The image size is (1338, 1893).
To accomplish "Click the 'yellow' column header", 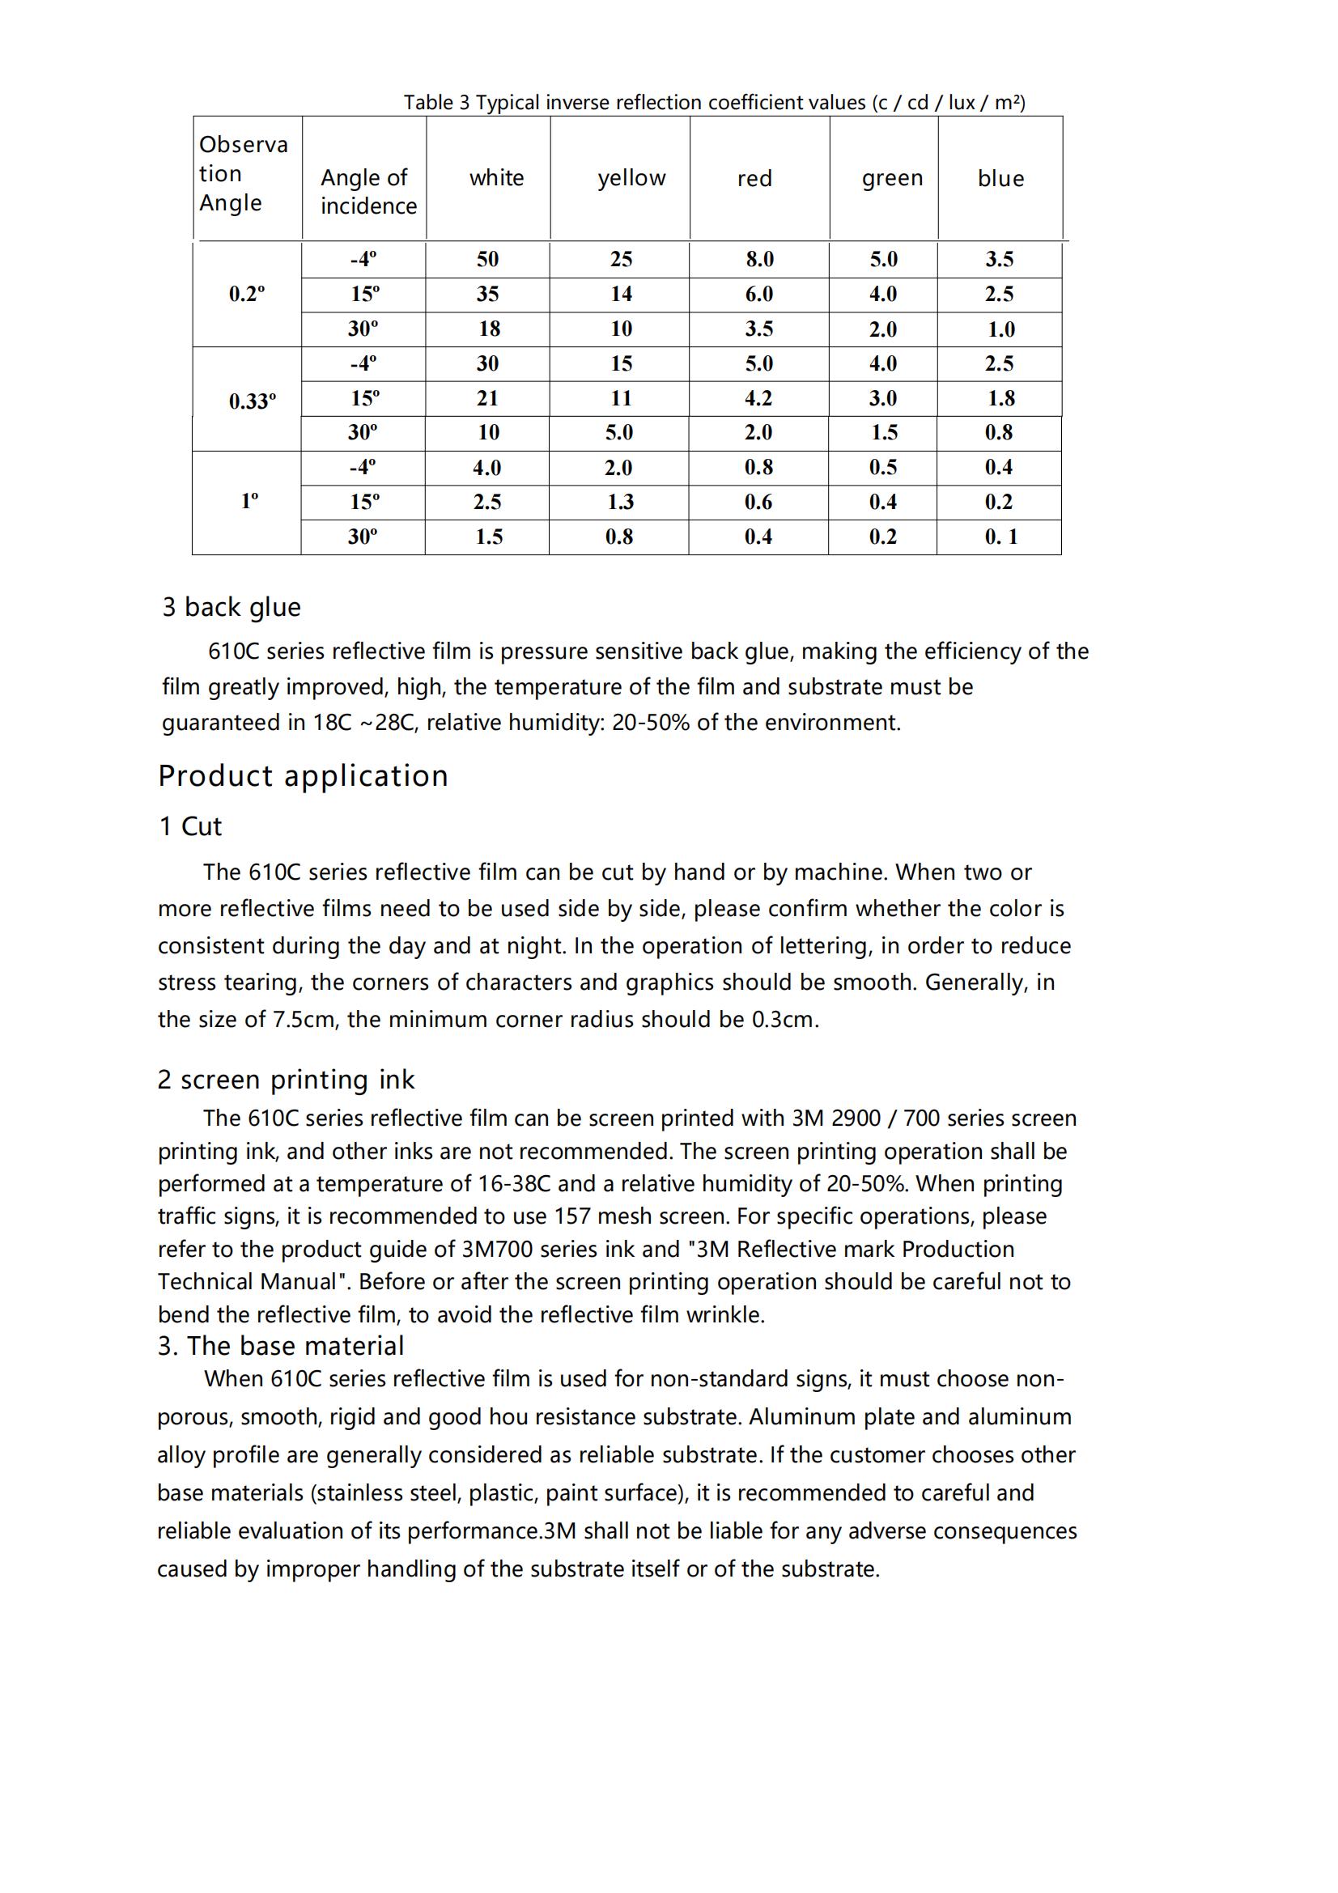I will coord(631,178).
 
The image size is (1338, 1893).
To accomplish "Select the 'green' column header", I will coord(892,178).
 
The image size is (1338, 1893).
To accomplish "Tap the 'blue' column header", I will coord(1000,178).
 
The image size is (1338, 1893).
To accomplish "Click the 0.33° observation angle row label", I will coord(253,401).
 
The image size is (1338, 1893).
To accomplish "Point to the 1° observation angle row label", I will coord(249,500).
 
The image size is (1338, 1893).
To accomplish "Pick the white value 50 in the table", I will coord(487,259).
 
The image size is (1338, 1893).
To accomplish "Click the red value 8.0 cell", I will coord(759,259).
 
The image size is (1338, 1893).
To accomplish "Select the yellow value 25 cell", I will coord(621,259).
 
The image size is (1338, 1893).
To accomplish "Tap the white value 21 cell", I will coord(487,398).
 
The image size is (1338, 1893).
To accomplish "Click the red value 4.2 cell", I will coord(758,398).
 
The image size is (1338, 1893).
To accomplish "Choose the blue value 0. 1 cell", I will coord(1000,537).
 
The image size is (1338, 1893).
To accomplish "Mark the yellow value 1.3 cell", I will coord(620,502).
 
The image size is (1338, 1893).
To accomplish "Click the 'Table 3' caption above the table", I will coord(714,102).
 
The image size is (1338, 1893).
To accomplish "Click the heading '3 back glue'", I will coord(231,607).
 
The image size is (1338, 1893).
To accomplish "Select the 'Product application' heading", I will coord(303,776).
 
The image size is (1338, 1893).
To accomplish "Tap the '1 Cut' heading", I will coord(190,826).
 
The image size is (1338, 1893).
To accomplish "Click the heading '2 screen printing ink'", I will coord(285,1080).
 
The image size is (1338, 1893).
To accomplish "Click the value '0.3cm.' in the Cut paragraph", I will coord(785,1019).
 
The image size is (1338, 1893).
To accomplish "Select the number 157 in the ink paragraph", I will coord(572,1216).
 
